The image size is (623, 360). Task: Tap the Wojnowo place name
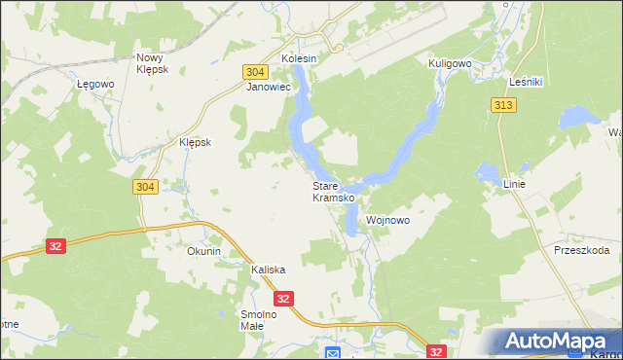[387, 221]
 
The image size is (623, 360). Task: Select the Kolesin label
[299, 58]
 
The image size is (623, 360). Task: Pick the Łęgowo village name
[95, 85]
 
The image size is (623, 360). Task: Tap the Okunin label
[204, 251]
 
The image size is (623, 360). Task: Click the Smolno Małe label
[259, 320]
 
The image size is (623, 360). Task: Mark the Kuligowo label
[450, 62]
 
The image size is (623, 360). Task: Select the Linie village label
[515, 184]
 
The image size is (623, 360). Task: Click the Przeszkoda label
[581, 250]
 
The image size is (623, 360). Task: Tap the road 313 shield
[503, 106]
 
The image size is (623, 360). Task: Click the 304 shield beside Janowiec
[255, 72]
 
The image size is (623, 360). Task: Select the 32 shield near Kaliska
[282, 299]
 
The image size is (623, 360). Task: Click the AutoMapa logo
[556, 342]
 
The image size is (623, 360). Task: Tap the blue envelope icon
[332, 353]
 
